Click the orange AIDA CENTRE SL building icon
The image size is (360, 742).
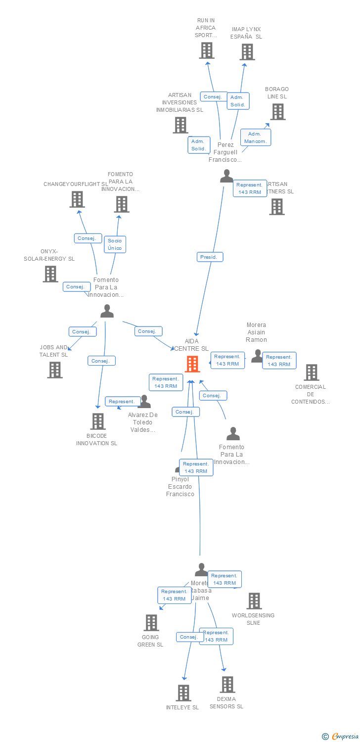tap(192, 364)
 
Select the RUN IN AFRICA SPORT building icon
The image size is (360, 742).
tap(207, 50)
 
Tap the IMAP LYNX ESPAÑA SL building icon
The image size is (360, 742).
tap(247, 52)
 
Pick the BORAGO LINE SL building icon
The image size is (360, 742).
tap(277, 112)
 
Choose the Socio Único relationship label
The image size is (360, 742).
tap(115, 244)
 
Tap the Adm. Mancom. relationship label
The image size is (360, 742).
tap(256, 138)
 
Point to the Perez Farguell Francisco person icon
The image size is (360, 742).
tap(226, 176)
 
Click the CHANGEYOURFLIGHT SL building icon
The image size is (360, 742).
tap(77, 199)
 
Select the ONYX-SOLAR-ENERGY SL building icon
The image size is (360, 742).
tap(50, 274)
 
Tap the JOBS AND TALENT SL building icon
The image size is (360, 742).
tap(55, 370)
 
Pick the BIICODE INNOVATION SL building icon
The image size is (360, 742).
tap(98, 421)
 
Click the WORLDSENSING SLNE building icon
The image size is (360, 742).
tap(254, 601)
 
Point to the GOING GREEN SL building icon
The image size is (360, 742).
tap(151, 623)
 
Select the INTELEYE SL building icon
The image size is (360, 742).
tap(183, 693)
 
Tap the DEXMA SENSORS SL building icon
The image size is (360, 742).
tap(227, 685)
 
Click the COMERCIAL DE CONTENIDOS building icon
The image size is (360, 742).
tap(311, 372)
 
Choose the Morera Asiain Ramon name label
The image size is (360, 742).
tap(256, 332)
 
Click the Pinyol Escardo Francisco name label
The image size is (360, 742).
tap(180, 487)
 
